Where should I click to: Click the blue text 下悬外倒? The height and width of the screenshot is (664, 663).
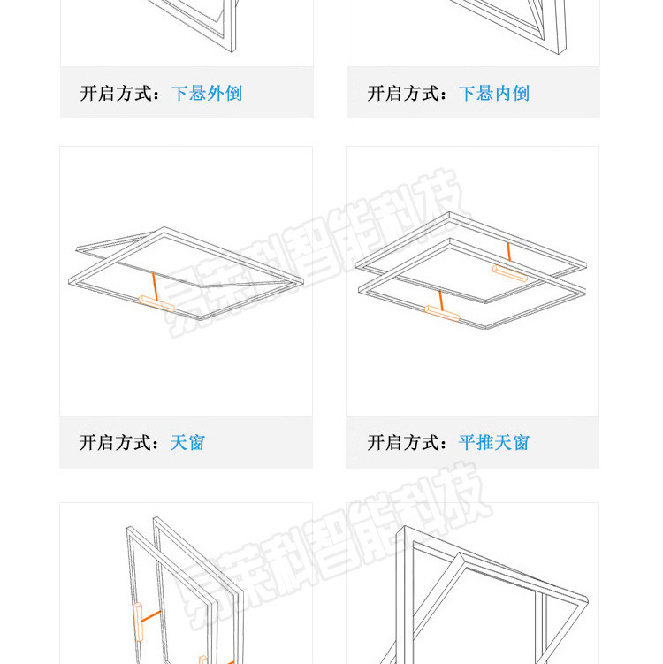pos(206,93)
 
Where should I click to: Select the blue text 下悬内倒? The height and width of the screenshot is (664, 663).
pos(493,93)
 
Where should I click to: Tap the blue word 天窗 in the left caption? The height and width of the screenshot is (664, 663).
pos(187,442)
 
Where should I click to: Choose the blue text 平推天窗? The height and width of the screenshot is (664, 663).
pos(493,442)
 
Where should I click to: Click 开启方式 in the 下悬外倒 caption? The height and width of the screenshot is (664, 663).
pos(116,93)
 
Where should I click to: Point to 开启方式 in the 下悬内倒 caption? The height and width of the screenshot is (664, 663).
pos(403,93)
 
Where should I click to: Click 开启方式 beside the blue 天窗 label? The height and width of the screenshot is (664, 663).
pos(116,442)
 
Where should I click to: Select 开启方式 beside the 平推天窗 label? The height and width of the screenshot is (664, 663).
pos(403,442)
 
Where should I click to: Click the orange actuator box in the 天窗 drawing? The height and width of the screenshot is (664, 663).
pos(156,304)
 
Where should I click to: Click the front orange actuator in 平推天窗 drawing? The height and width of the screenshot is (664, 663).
pos(442,312)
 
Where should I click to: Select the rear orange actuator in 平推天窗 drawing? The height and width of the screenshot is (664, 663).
pos(510,273)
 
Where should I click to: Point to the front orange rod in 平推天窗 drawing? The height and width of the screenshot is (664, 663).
pos(440,297)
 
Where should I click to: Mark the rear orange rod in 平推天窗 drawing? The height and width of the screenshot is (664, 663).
pos(508,253)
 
